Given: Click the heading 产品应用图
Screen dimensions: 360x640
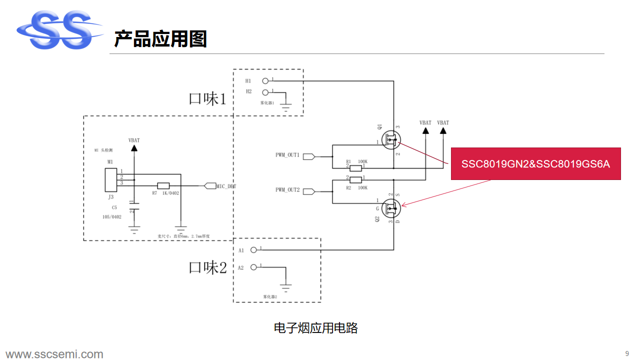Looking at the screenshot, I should (160, 38).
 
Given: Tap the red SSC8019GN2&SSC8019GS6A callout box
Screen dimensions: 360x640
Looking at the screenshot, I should (535, 164).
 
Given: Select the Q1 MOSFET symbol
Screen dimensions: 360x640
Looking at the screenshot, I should (391, 139).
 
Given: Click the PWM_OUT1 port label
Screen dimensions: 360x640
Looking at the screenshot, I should (287, 155).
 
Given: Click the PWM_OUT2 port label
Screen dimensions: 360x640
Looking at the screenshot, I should (287, 190).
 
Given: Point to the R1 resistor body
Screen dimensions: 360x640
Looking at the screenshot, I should (355, 168).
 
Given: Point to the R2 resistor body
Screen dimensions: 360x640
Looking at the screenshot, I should (355, 180).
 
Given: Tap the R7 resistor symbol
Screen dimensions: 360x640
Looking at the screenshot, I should (163, 185).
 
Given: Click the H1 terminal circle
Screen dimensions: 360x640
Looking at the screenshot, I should (265, 80).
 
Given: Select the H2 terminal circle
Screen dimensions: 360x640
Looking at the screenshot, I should (265, 92).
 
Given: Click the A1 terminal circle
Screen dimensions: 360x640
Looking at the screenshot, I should (253, 249).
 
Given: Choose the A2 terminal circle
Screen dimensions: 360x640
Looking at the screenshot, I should (253, 267).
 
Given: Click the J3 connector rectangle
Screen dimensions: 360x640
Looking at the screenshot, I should (110, 180).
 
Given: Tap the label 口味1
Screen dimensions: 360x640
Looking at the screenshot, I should (207, 98).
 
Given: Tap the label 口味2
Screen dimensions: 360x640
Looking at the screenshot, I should (207, 267).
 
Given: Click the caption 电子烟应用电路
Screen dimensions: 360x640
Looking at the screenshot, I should (316, 328).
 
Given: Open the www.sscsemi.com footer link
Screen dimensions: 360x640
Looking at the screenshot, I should (54, 354).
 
